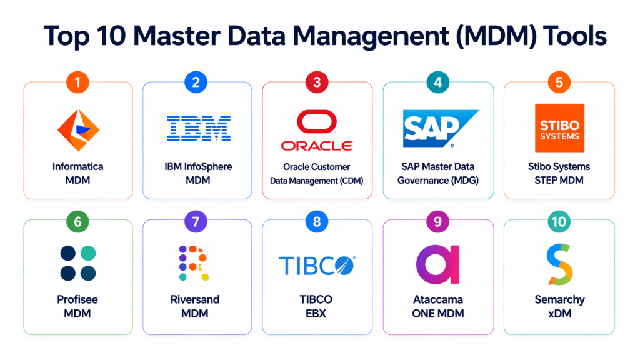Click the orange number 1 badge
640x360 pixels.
point(78,81)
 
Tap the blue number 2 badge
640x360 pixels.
point(196,81)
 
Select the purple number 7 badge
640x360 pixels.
point(196,222)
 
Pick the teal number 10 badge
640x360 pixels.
point(558,222)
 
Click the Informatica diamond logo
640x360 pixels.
point(78,129)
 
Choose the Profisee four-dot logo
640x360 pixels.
point(78,263)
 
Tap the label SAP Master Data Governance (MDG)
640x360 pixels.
point(438,174)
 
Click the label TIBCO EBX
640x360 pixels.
point(317,306)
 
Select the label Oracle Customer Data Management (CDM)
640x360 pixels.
point(316,174)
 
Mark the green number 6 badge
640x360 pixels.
point(78,222)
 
